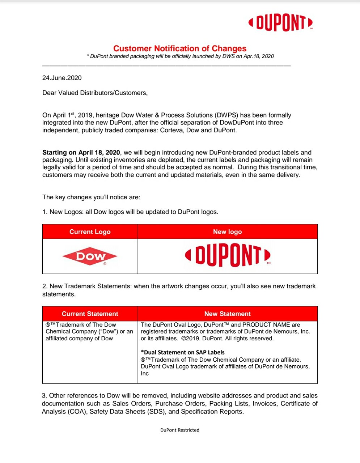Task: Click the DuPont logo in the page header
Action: pyautogui.click(x=280, y=23)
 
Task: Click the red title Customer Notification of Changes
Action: pyautogui.click(x=180, y=48)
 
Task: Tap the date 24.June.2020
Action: pyautogui.click(x=62, y=78)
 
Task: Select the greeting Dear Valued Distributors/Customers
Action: pyautogui.click(x=95, y=93)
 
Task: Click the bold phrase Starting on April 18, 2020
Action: pyautogui.click(x=81, y=153)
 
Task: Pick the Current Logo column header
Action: pyautogui.click(x=90, y=232)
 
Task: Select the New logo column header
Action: pyautogui.click(x=227, y=232)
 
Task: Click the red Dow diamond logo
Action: pyautogui.click(x=90, y=256)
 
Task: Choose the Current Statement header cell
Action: pyautogui.click(x=90, y=314)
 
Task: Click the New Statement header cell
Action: pyautogui.click(x=227, y=314)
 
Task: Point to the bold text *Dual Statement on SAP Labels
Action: pyautogui.click(x=183, y=352)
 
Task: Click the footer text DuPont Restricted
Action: pyautogui.click(x=180, y=430)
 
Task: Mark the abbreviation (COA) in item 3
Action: pyautogui.click(x=77, y=412)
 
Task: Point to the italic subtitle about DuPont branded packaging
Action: pyautogui.click(x=181, y=56)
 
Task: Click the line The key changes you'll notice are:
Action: pyautogui.click(x=91, y=197)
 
